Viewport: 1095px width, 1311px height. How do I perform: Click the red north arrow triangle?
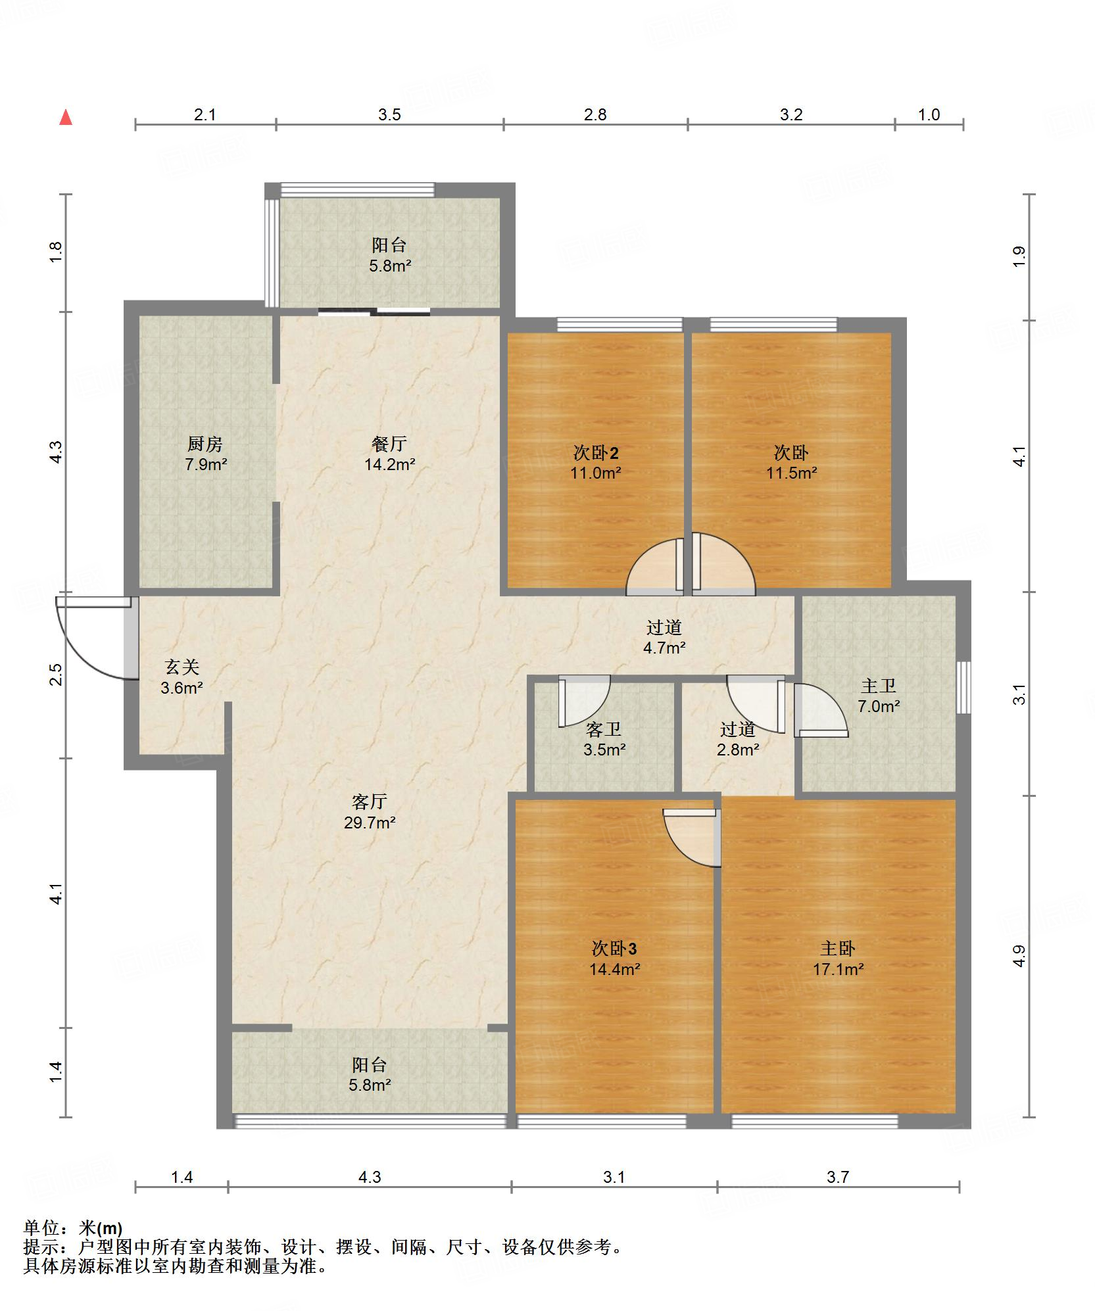point(66,118)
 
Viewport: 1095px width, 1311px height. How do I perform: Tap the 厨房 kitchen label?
point(205,444)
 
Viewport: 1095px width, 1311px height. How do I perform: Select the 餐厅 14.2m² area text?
point(390,465)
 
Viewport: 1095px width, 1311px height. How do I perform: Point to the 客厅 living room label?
point(370,801)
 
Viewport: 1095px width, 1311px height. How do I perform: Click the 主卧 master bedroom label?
point(838,948)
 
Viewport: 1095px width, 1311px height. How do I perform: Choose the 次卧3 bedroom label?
point(614,948)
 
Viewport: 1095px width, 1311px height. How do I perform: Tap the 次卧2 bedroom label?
point(596,452)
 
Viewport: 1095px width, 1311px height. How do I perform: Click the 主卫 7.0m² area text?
point(879,707)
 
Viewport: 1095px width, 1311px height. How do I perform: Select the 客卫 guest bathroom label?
point(604,728)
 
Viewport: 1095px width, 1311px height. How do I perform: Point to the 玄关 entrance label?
point(182,667)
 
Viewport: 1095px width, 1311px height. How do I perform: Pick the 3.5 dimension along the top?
point(389,115)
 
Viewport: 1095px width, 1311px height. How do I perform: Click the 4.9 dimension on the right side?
point(1019,956)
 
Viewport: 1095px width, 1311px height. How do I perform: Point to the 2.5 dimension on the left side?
point(57,675)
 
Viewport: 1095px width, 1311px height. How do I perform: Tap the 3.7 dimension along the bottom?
point(838,1177)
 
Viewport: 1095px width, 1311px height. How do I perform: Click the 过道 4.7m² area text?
point(664,648)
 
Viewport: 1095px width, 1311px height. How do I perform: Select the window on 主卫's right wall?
point(963,688)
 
